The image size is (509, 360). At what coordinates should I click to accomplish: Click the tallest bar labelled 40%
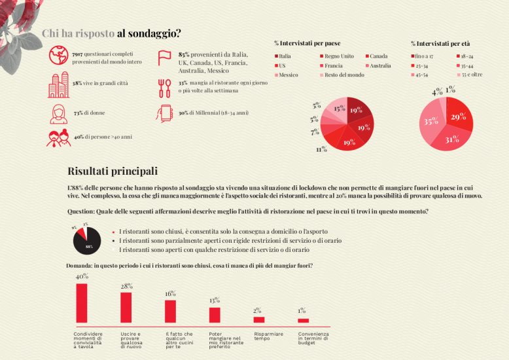[x=82, y=302]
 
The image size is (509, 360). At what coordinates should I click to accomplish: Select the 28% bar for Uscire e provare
[x=126, y=307]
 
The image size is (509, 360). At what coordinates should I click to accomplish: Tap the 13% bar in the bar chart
[x=215, y=315]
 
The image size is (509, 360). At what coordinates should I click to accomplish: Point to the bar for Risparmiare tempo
[x=259, y=319]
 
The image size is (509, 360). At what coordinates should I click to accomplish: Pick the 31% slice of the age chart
[x=452, y=138]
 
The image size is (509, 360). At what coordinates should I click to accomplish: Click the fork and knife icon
[x=164, y=88]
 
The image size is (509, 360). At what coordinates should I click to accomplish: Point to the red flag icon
[x=164, y=58]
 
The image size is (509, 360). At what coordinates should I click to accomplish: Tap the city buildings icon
[x=58, y=85]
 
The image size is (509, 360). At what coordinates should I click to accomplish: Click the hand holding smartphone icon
[x=164, y=113]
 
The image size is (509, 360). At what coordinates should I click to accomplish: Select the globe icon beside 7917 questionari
[x=58, y=56]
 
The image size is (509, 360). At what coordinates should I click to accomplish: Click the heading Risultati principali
[x=113, y=171]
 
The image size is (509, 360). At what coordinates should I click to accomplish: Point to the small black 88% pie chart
[x=86, y=241]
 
